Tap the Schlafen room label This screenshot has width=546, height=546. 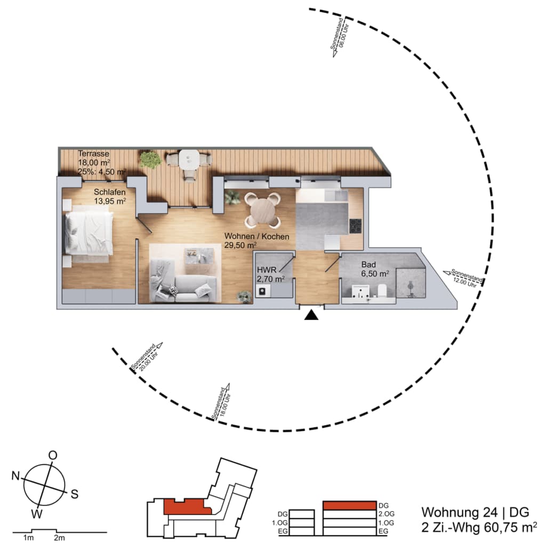pos(110,192)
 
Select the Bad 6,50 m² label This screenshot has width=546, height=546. pos(375,269)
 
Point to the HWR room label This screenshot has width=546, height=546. pos(267,270)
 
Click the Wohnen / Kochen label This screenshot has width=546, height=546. pos(256,236)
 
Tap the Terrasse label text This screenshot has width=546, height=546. pos(94,154)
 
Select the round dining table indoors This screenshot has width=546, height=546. pos(262,210)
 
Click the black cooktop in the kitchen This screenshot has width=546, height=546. pos(356,226)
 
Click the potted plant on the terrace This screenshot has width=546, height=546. pos(150,160)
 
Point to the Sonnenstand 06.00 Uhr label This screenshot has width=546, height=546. pos(339,37)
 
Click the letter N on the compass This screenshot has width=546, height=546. pos(15,475)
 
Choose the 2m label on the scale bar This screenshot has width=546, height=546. pos(59,537)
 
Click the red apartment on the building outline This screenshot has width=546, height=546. pos(187,507)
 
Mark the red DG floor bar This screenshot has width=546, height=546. pos(350,505)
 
